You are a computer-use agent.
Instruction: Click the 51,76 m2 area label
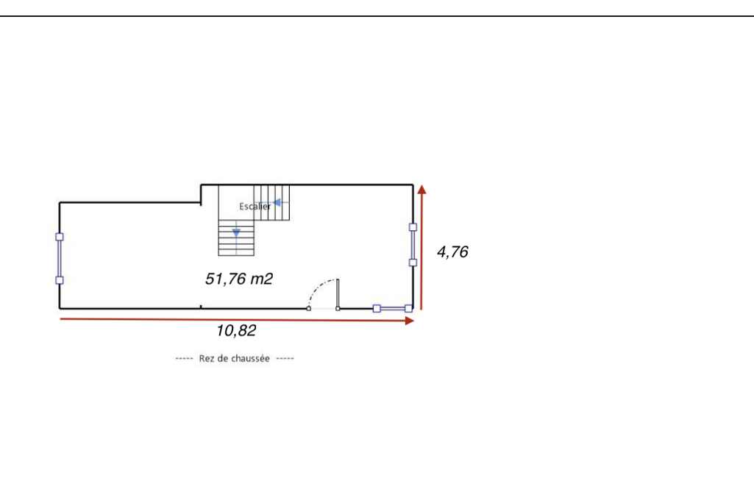(239, 279)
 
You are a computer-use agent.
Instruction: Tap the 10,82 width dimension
(236, 331)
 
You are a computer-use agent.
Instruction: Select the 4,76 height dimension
(452, 252)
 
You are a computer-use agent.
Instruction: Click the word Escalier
(255, 207)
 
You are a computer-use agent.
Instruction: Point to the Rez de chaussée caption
(234, 358)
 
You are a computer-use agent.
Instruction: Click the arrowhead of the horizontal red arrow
(410, 321)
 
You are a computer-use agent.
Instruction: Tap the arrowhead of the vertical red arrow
(422, 190)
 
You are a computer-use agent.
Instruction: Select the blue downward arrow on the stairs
(236, 232)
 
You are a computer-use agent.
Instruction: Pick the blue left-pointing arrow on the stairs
(277, 202)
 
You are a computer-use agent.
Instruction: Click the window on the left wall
(60, 259)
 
